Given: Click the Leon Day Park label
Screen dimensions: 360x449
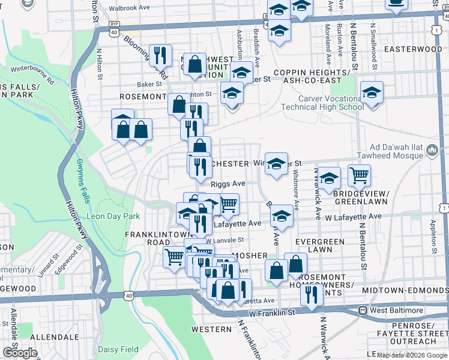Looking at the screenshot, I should click(113, 216).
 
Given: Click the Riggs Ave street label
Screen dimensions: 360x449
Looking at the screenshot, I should click(228, 184).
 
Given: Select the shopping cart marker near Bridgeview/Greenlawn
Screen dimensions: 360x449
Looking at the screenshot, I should click(359, 175).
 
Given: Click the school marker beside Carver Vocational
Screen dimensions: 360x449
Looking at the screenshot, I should click(372, 92).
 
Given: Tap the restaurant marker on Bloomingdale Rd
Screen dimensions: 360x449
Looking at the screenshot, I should click(160, 55).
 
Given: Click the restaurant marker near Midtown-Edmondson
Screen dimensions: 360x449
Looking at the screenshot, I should click(311, 294).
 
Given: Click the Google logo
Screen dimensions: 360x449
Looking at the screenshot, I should click(19, 353).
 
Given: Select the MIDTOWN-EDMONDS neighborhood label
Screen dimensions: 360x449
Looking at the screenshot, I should click(405, 290).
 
